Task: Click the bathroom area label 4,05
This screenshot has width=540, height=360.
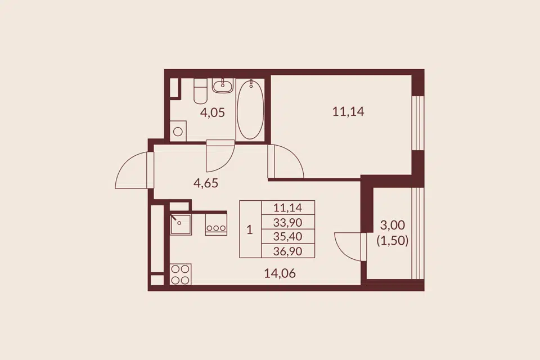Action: coord(212,112)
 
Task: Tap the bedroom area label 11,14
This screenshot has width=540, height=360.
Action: coord(348,111)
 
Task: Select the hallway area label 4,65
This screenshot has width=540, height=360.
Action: coord(206,183)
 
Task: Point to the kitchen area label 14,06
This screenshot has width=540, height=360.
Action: coord(280,273)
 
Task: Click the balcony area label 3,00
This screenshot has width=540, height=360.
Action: coord(392,226)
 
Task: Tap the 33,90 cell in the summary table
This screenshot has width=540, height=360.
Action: coord(287,222)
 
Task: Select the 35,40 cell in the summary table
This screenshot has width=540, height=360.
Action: coord(287,236)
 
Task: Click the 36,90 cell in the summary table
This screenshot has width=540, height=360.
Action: coord(287,251)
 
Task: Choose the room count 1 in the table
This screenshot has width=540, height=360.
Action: coord(250,229)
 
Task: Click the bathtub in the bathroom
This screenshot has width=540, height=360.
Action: coord(250,110)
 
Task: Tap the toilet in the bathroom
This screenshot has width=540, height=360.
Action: coord(200,91)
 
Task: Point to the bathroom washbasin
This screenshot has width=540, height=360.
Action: coord(223,85)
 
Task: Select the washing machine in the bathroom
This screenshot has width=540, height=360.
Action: coord(178,131)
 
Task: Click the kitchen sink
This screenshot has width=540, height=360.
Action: coord(181,224)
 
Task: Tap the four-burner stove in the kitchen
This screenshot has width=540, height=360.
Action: coord(181,274)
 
